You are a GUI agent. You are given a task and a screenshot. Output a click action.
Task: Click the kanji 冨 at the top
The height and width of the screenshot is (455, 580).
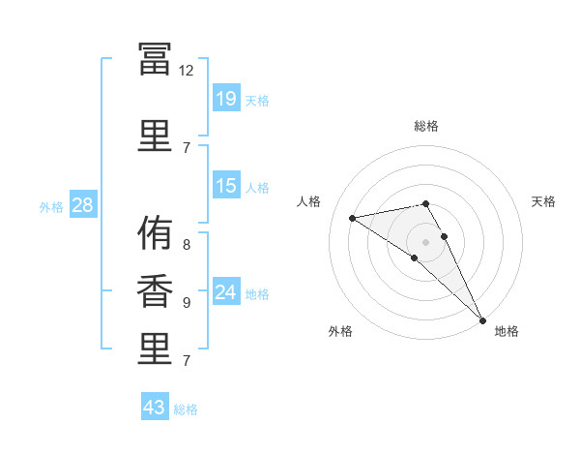[155, 59]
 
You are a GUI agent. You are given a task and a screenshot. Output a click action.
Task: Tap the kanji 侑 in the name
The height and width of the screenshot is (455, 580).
[155, 232]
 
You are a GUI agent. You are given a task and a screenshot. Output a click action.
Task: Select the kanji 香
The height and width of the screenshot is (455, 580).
[155, 290]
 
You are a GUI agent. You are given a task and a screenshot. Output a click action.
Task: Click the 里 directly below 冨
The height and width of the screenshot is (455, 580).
[155, 136]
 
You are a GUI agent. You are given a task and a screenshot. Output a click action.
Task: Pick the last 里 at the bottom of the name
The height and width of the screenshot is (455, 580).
[155, 349]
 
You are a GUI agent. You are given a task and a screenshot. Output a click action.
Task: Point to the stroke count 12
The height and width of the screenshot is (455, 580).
[186, 71]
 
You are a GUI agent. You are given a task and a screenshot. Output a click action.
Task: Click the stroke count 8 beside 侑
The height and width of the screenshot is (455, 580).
[187, 245]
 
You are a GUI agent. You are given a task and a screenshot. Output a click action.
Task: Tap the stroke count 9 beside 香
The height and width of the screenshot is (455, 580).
[187, 303]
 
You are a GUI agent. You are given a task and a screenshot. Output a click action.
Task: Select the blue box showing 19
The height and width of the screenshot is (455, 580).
[226, 98]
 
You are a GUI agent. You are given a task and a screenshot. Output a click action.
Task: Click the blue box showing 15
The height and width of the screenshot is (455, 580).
[226, 185]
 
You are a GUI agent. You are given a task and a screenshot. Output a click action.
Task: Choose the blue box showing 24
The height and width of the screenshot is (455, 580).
[226, 290]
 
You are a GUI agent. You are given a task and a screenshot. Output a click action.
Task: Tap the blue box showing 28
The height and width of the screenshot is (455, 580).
[83, 204]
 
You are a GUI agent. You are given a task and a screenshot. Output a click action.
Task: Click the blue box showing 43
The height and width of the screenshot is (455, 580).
[155, 406]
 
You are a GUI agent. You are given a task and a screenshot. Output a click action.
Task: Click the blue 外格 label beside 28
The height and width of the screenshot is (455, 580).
[51, 207]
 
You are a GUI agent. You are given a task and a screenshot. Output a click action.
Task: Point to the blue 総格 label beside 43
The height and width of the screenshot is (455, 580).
[186, 409]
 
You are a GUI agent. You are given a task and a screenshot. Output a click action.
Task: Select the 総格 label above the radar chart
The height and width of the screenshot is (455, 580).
[426, 126]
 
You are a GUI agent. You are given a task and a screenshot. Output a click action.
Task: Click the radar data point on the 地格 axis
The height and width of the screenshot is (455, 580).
[482, 320]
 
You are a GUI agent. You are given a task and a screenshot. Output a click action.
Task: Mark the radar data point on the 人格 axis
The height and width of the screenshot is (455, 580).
[352, 218]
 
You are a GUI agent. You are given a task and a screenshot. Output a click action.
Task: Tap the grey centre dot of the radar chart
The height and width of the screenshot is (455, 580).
[425, 242]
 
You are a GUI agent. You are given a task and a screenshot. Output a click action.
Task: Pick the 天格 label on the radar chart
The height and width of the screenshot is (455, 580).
[543, 201]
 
